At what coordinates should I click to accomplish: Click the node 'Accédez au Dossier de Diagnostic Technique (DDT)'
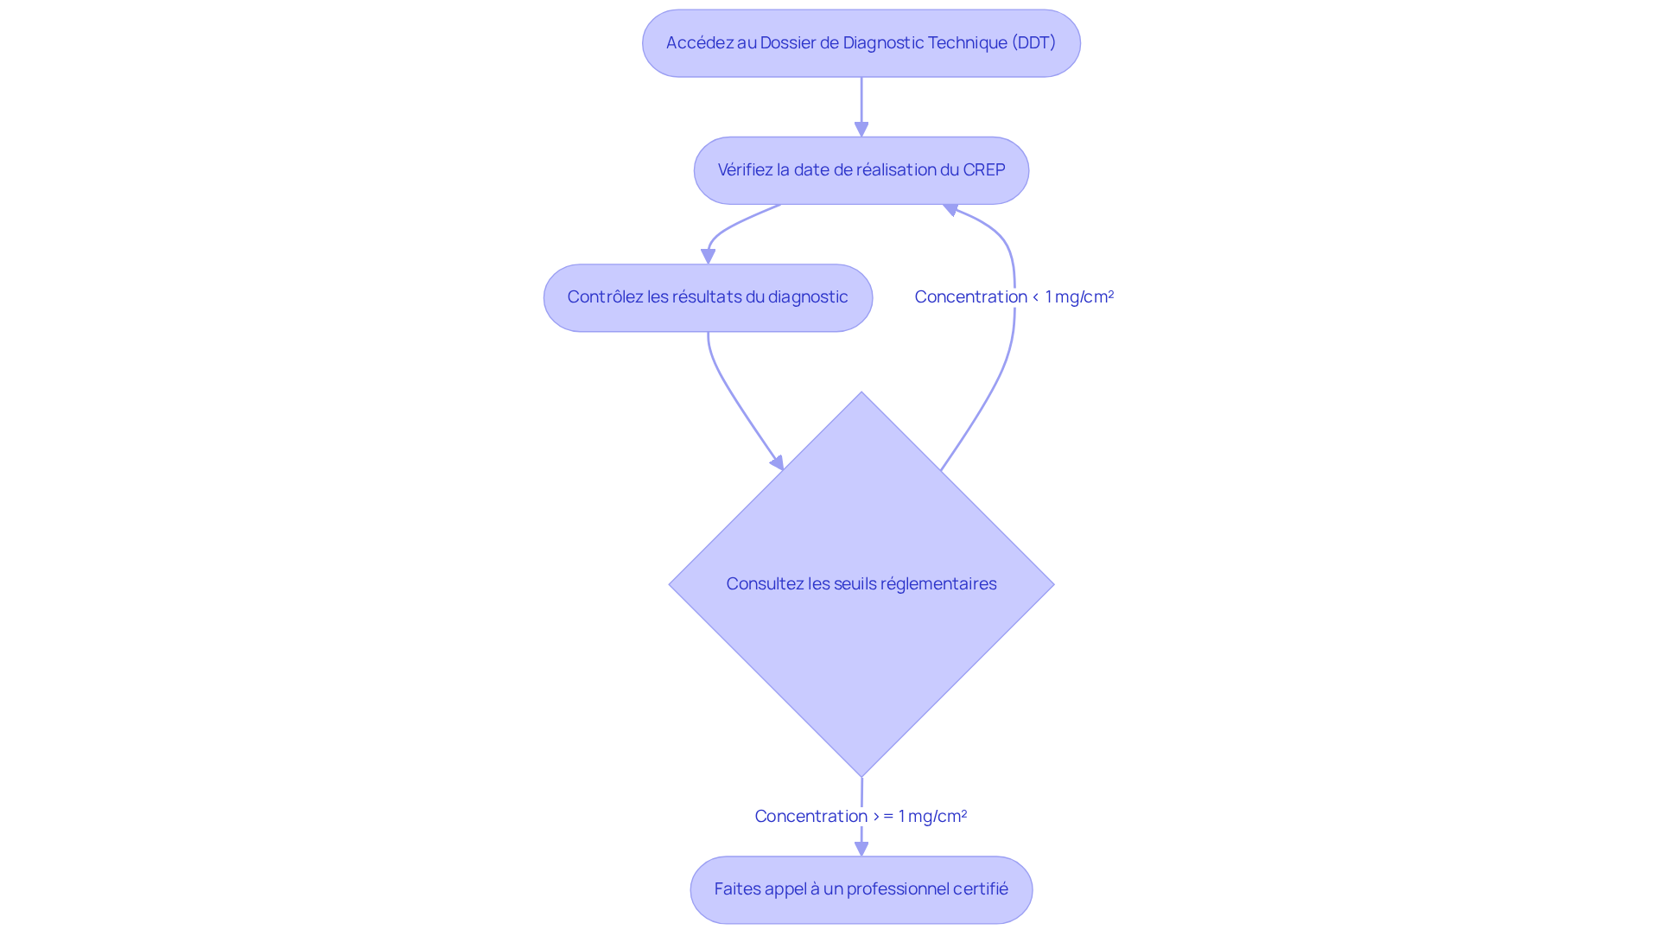coord(861,43)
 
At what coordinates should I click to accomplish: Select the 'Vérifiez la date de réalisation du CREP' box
coord(861,170)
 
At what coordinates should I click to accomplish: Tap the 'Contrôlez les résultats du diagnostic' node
coord(708,297)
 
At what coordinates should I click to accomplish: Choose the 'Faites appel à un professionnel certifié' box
coord(861,889)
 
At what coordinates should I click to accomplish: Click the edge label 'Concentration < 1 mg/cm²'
coord(1014,296)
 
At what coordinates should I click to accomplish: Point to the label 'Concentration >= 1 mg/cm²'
coord(861,816)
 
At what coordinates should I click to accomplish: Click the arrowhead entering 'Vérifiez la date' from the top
coord(861,130)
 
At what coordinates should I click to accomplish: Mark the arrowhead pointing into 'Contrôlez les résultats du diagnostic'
coord(708,257)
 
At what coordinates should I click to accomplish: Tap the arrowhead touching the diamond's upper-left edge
coord(778,463)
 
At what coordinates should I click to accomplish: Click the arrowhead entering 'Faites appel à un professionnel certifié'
coord(861,849)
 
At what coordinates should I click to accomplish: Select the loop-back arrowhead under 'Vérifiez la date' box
coord(950,209)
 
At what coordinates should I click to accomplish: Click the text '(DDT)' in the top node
coord(1033,42)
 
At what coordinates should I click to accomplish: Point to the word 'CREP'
coord(983,169)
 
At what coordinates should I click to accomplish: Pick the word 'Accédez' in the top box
coord(699,42)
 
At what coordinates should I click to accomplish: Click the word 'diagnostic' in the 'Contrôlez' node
coord(808,296)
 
